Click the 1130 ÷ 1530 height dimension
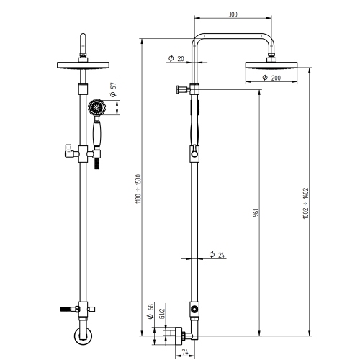pyautogui.click(x=138, y=190)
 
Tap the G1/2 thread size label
pyautogui.click(x=163, y=310)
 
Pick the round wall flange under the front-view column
pyautogui.click(x=81, y=338)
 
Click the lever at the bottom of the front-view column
pyautogui.click(x=68, y=308)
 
